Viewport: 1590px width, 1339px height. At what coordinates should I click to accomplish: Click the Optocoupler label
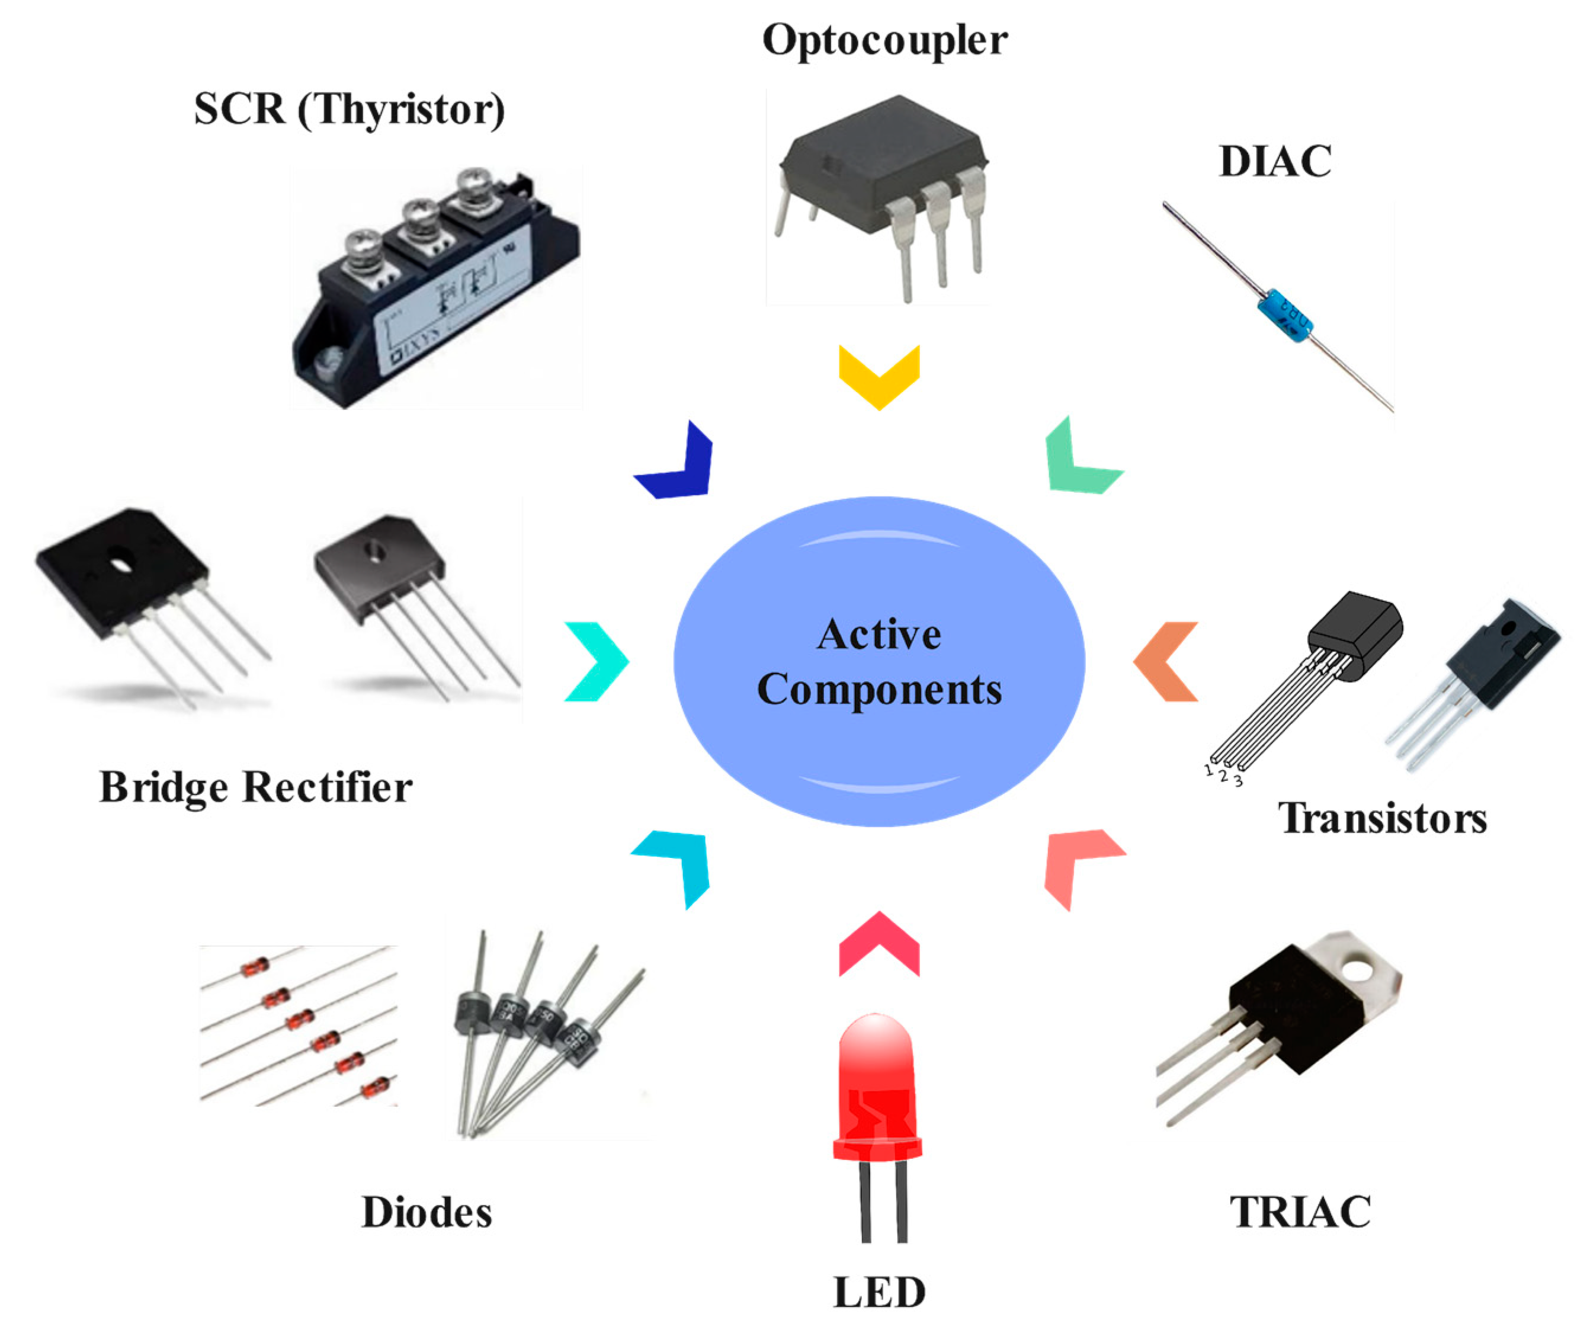coord(884,40)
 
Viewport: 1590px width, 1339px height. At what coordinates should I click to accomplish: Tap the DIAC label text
coord(1274,161)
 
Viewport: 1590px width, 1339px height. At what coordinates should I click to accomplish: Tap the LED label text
coord(879,1292)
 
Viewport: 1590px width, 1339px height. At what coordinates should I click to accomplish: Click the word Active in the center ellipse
coord(879,635)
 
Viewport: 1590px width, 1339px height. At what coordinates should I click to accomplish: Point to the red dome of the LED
coord(877,1055)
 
